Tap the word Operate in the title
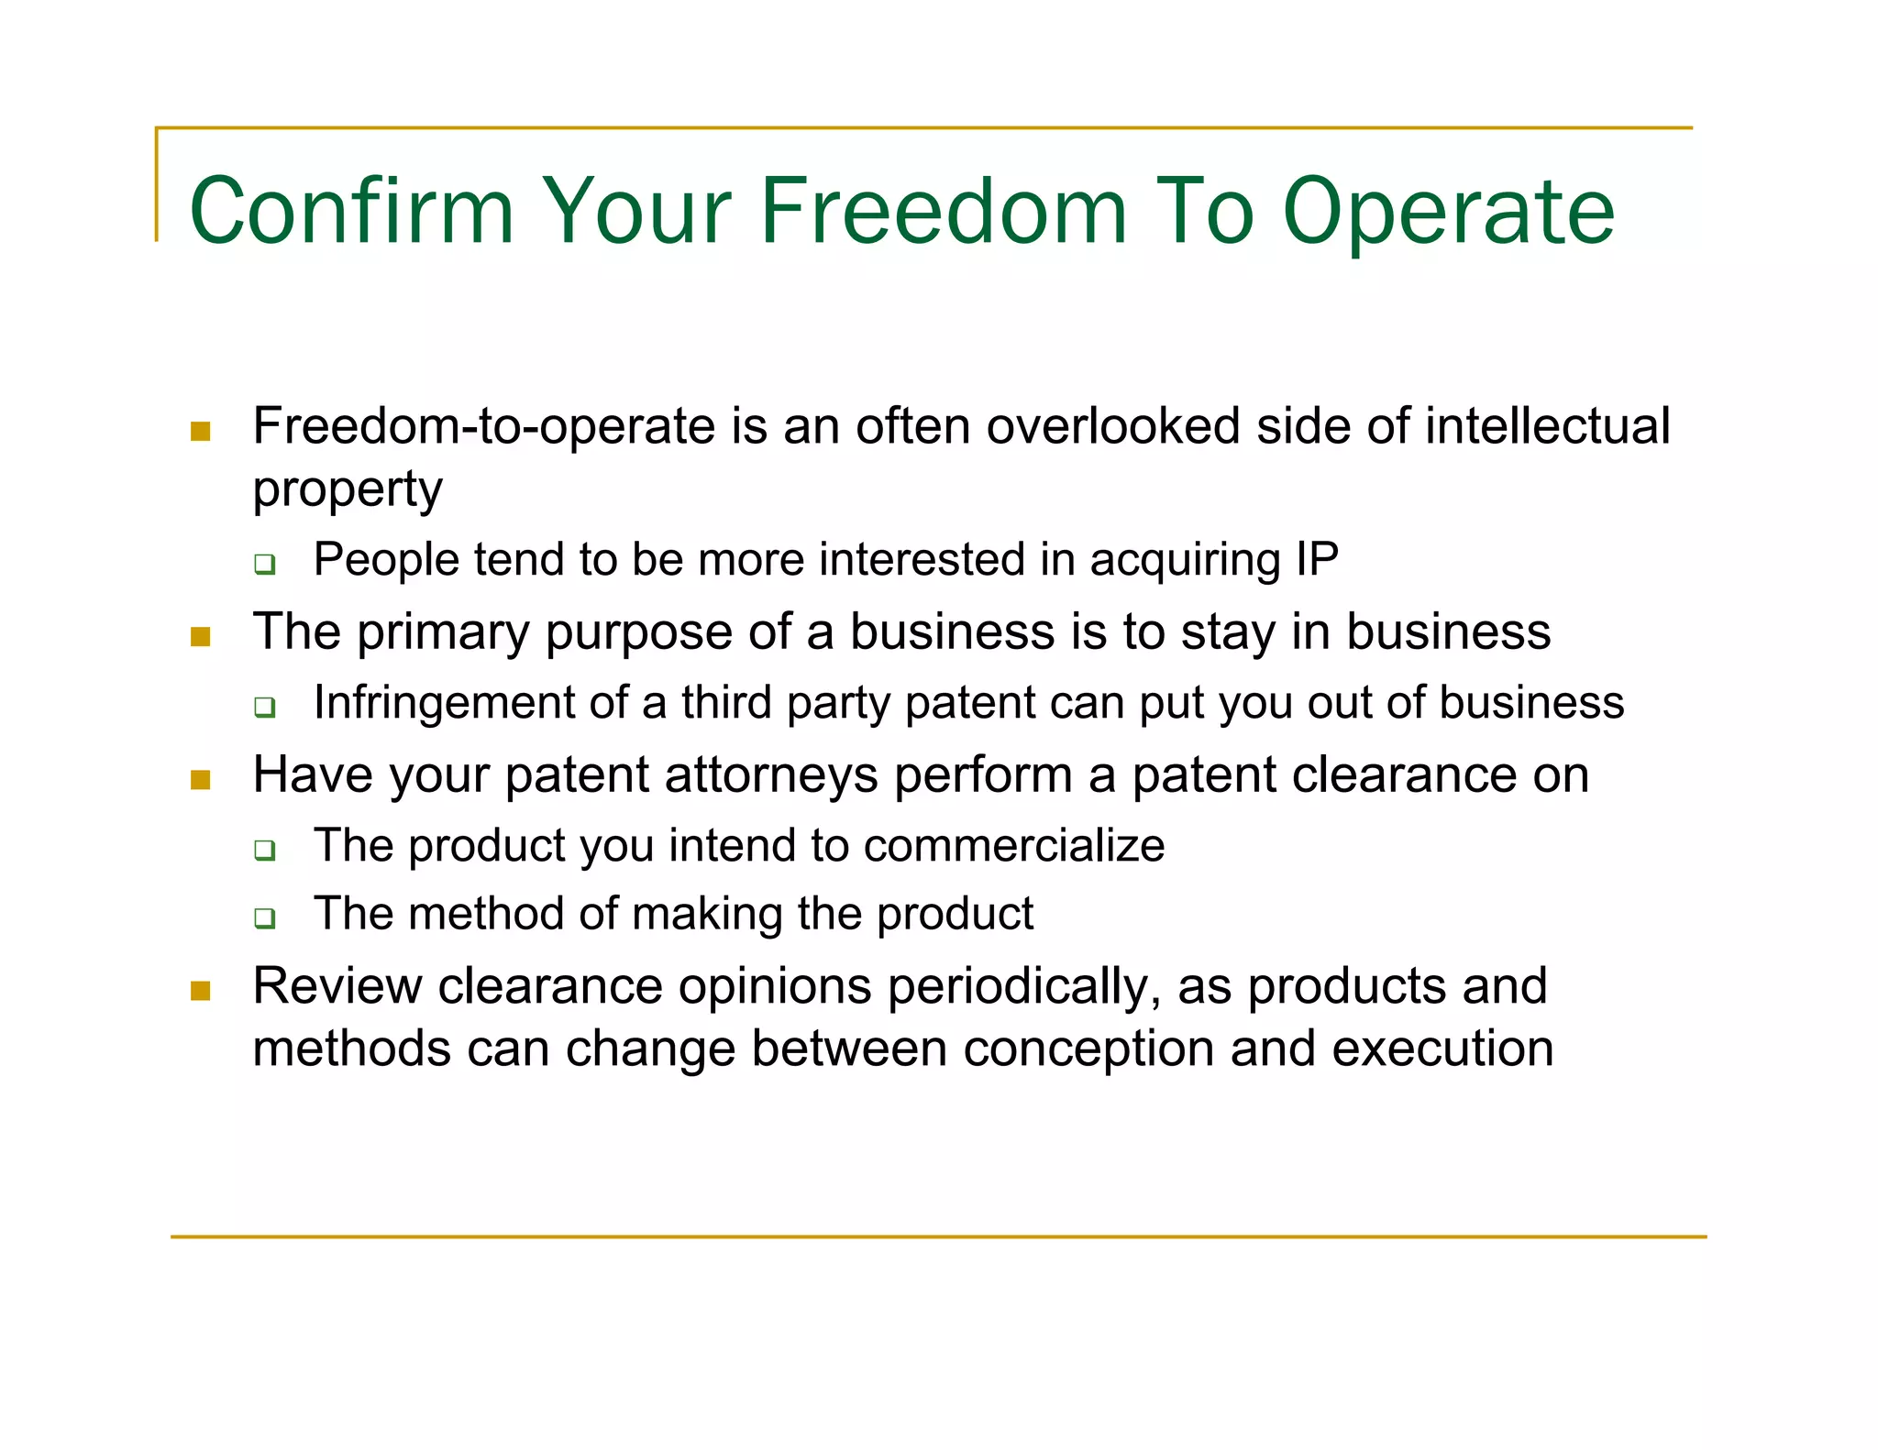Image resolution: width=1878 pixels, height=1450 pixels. pyautogui.click(x=1448, y=213)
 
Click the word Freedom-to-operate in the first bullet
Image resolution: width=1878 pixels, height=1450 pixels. pyautogui.click(x=483, y=427)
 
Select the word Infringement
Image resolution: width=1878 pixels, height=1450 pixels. pyautogui.click(x=470, y=704)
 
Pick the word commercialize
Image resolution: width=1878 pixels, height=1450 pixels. pyautogui.click(x=1013, y=845)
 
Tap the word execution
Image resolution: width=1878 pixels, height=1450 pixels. pyautogui.click(x=1442, y=1049)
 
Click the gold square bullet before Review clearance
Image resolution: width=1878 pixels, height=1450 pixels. pyautogui.click(x=201, y=990)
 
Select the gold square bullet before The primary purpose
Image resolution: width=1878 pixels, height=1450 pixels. pyautogui.click(x=201, y=636)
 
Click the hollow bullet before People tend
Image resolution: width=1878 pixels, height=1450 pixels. pyautogui.click(x=265, y=564)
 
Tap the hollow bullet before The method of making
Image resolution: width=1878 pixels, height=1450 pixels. pyautogui.click(x=265, y=917)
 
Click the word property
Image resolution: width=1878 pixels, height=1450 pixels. pyautogui.click(x=348, y=489)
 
